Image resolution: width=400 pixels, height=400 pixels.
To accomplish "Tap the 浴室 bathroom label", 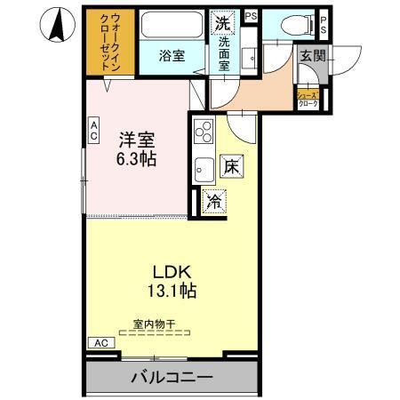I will pyautogui.click(x=172, y=56).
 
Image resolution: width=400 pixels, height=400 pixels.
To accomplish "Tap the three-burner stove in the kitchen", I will pyautogui.click(x=203, y=133).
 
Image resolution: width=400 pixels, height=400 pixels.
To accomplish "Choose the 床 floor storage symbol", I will pyautogui.click(x=229, y=167).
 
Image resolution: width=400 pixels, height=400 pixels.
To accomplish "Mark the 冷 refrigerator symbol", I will pyautogui.click(x=213, y=201).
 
